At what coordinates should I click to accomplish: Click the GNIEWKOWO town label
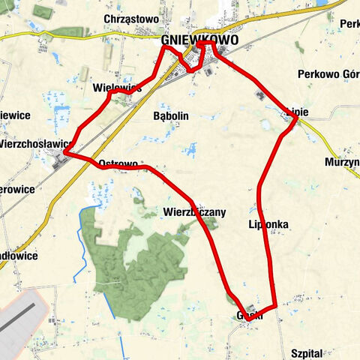click(x=199, y=40)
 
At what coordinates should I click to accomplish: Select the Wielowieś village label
click(x=117, y=88)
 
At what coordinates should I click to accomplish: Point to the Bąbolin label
click(x=170, y=116)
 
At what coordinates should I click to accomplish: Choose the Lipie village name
click(x=297, y=112)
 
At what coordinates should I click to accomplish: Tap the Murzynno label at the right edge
click(x=343, y=163)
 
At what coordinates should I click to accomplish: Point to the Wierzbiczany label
click(x=194, y=212)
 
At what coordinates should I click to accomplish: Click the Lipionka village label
click(x=268, y=224)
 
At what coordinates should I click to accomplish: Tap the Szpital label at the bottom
click(x=305, y=352)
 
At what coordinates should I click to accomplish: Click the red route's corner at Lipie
click(x=297, y=118)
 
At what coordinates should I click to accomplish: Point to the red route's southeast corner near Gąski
click(x=276, y=306)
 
